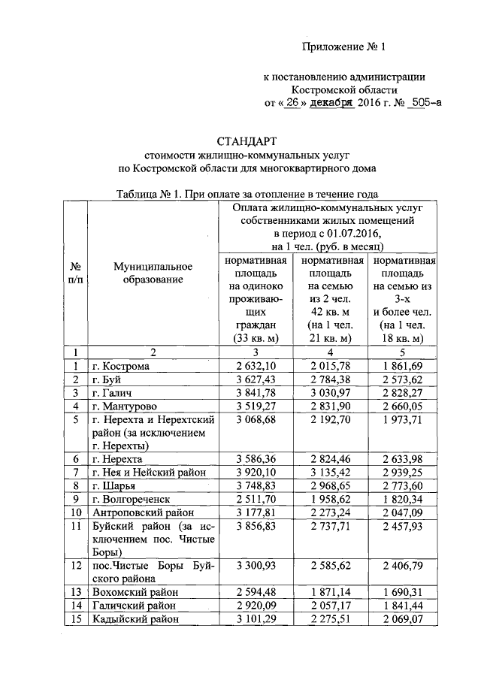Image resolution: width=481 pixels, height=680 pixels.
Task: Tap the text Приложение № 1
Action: pos(343,47)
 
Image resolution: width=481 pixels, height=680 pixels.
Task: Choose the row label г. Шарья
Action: pos(113,485)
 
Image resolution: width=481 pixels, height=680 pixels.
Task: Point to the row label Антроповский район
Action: pos(140,512)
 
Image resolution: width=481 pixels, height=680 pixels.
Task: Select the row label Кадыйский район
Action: pos(136,619)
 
